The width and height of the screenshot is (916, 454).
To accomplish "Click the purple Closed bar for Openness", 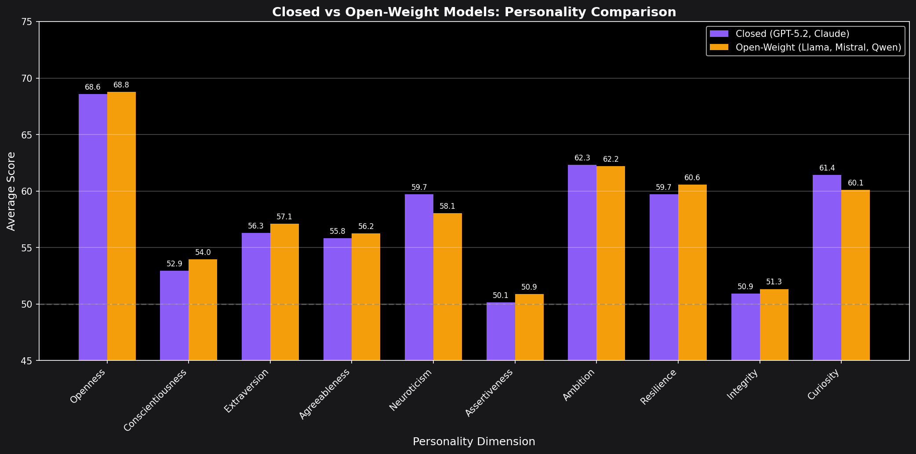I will [93, 227].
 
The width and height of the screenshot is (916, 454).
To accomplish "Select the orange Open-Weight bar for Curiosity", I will [855, 275].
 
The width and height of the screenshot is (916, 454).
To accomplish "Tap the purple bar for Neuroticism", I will [419, 277].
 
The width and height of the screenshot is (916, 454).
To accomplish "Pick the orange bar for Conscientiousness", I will [203, 309].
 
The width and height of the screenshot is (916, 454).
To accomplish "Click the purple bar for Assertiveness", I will [501, 331].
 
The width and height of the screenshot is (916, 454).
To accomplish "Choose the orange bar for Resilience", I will [692, 272].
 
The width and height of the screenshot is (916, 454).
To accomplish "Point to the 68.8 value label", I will [121, 85].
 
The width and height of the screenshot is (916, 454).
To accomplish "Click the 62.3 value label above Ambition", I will [582, 158].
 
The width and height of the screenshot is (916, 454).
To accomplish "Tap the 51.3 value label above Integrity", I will [774, 282].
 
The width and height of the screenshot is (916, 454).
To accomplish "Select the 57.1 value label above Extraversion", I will [284, 217].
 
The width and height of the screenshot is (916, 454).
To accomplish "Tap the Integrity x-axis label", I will [743, 384].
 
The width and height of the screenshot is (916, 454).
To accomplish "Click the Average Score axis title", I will [11, 191].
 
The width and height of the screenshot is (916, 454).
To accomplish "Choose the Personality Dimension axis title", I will [474, 442].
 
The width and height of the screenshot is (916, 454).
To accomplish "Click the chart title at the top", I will [474, 12].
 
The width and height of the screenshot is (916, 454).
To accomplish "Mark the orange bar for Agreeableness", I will [366, 297].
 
